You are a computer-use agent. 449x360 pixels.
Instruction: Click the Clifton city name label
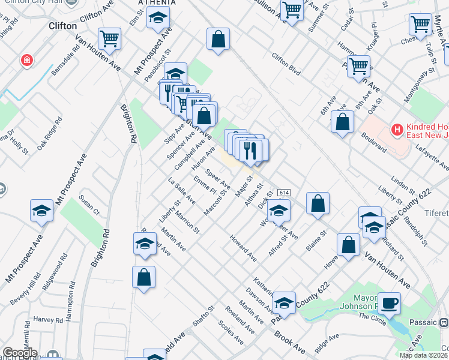(62, 26)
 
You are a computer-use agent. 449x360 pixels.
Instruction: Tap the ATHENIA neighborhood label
(157, 3)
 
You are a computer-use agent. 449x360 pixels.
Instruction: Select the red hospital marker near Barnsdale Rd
(26, 60)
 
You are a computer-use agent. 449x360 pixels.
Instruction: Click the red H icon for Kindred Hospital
(396, 129)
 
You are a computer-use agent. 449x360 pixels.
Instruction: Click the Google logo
(19, 353)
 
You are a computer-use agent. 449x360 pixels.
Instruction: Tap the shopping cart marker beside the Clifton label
(110, 40)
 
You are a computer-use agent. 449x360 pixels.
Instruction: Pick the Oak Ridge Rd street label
(50, 137)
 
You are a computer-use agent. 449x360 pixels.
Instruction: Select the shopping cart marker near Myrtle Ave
(421, 25)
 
